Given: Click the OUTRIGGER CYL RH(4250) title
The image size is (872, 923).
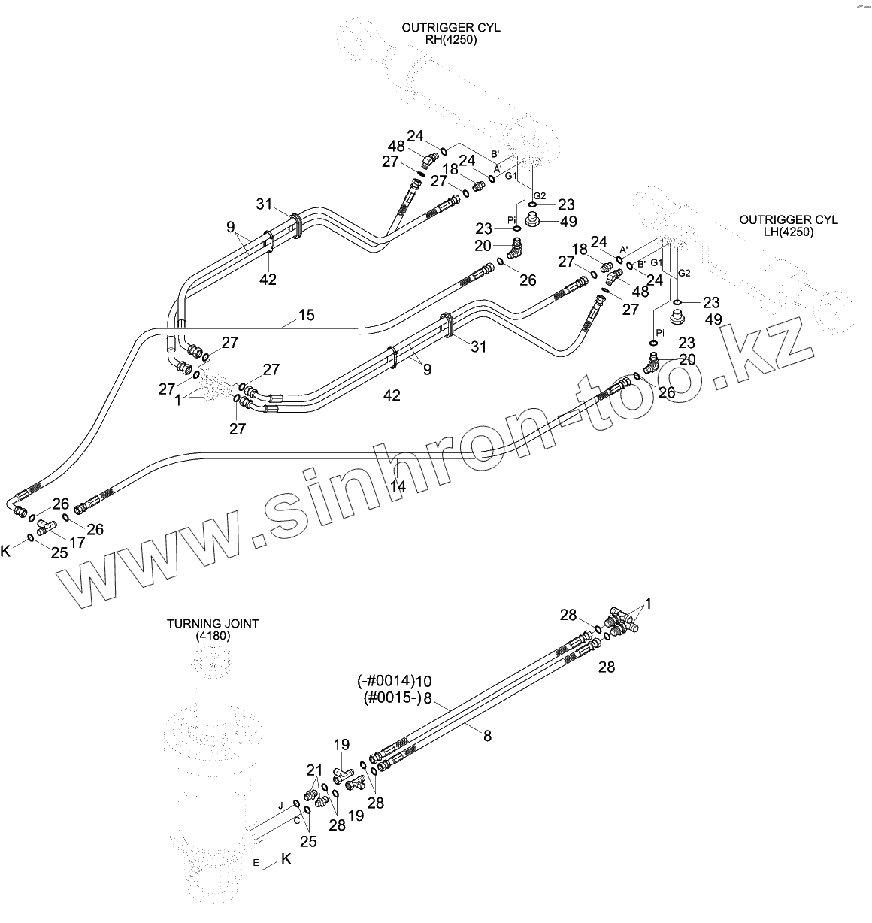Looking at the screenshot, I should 450,33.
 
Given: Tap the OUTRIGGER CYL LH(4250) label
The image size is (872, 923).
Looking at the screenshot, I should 788,225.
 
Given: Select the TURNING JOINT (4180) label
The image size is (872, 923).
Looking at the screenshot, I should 213,629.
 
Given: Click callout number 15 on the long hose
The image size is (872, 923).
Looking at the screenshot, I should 306,316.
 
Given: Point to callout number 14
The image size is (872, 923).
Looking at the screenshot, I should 398,486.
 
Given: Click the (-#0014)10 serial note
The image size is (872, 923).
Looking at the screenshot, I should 394,681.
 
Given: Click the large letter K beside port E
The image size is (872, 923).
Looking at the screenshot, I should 286,860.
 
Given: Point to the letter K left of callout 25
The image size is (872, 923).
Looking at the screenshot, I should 6,551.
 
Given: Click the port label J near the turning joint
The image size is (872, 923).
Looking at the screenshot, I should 280,805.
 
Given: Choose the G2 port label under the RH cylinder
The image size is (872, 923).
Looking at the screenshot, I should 539,195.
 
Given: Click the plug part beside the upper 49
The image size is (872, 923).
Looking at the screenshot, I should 534,221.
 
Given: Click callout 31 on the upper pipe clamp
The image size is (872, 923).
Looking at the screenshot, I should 263,204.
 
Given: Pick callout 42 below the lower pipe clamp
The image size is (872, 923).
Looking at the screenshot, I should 392,395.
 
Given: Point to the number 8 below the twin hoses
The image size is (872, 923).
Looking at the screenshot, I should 487,736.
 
